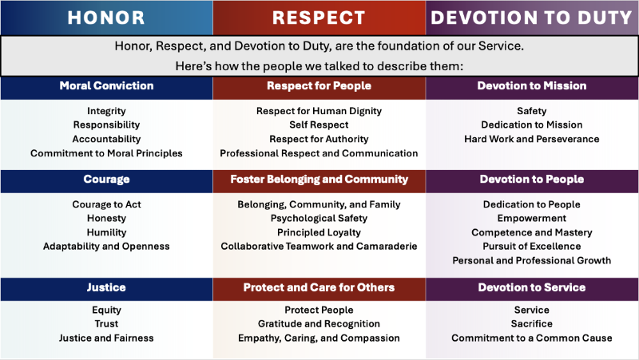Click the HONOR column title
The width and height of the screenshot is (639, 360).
(106, 17)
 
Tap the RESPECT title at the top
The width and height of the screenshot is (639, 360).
(319, 17)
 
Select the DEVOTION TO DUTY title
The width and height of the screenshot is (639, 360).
(532, 17)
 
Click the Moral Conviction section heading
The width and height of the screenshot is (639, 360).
(106, 85)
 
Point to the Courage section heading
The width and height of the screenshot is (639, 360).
(106, 180)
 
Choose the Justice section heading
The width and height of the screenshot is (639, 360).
(106, 287)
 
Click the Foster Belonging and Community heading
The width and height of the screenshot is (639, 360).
(319, 180)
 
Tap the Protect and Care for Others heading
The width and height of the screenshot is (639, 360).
(319, 287)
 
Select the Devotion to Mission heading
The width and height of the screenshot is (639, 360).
(532, 85)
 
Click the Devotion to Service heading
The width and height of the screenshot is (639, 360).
(532, 287)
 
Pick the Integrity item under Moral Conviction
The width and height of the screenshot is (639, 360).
(106, 111)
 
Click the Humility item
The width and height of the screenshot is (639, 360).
(106, 232)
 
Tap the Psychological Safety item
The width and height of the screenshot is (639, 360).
(319, 218)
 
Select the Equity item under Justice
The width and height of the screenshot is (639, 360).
(106, 310)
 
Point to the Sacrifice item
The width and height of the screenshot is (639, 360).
(532, 323)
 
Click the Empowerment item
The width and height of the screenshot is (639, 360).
(532, 218)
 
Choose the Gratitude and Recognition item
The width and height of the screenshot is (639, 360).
(319, 323)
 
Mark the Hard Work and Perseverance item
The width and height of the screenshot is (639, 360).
(532, 139)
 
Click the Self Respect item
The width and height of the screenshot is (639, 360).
(319, 125)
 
